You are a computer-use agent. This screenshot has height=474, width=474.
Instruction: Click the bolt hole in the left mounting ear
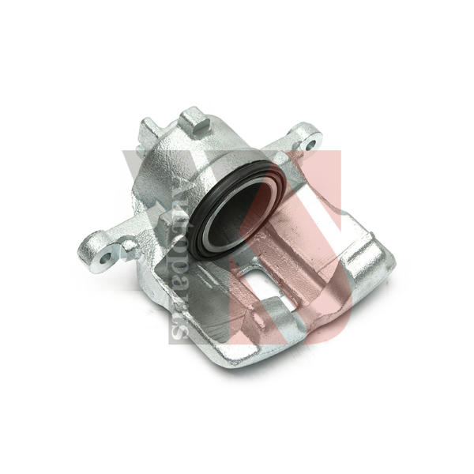(x=106, y=258)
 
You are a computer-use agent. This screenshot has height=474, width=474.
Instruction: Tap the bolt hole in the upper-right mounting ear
(x=310, y=145)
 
